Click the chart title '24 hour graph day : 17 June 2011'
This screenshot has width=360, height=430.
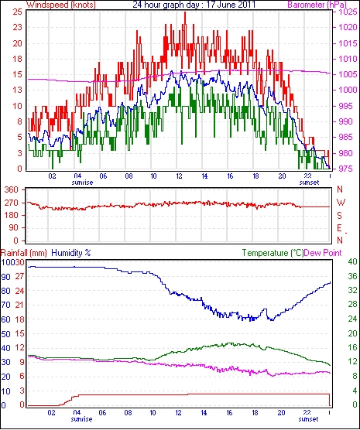(194, 5)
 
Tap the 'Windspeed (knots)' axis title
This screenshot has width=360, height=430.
(61, 5)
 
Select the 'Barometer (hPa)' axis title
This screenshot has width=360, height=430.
(317, 5)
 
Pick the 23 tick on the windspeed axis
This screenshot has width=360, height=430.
(17, 27)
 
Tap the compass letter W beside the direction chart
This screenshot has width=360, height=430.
(341, 203)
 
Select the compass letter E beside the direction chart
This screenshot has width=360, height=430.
(340, 228)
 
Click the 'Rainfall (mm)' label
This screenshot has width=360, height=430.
(24, 253)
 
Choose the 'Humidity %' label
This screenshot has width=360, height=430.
(71, 253)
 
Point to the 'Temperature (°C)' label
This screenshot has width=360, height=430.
(273, 253)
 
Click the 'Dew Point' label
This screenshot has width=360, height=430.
(323, 253)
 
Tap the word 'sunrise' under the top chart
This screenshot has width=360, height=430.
(82, 183)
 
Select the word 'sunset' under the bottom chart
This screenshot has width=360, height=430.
(308, 419)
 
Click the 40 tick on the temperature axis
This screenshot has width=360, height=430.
(352, 262)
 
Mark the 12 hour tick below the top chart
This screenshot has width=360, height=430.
(179, 176)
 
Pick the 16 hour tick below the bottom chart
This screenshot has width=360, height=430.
(229, 412)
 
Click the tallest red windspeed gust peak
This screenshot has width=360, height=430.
(185, 12)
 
